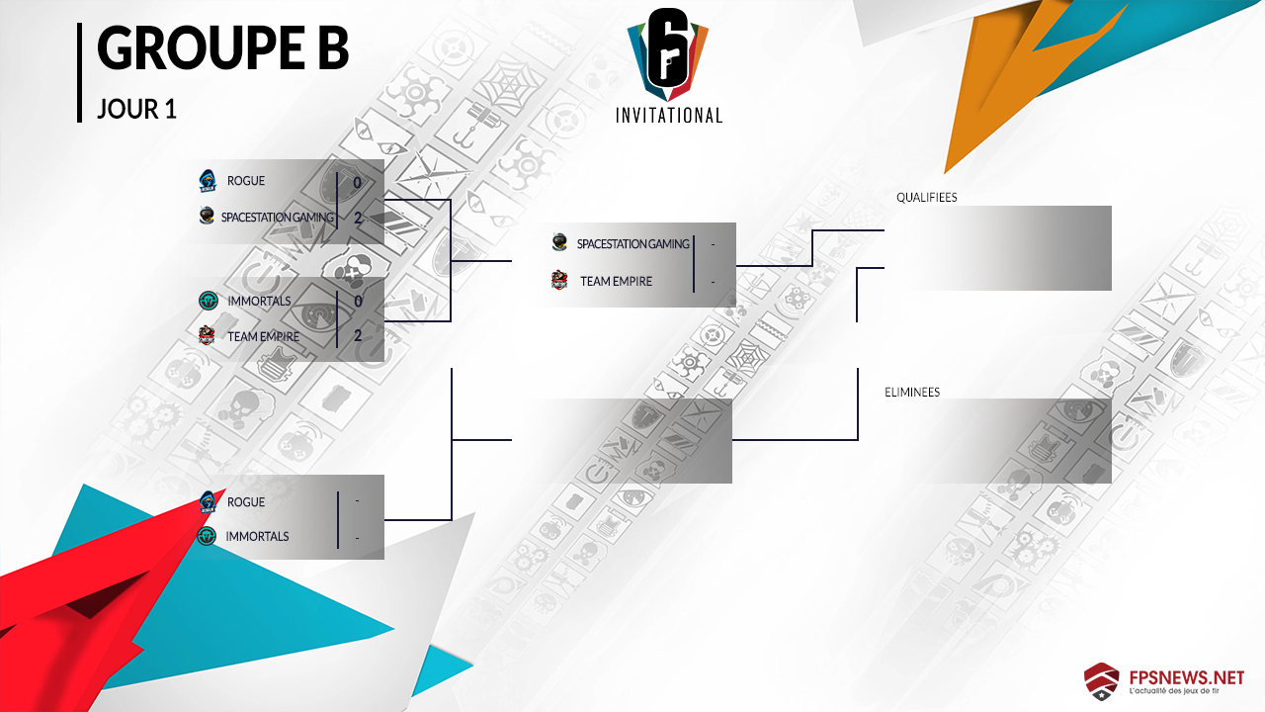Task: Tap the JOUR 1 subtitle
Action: [136, 110]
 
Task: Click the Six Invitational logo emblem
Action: [669, 53]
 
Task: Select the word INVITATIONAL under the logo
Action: [669, 116]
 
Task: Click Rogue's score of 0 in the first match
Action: [357, 182]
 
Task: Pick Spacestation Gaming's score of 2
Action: [357, 217]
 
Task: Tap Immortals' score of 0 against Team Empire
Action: [357, 301]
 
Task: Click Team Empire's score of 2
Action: [357, 335]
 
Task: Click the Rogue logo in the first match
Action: [208, 180]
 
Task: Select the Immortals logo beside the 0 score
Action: [208, 301]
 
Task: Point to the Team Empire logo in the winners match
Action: [559, 281]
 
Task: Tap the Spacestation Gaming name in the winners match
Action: [632, 243]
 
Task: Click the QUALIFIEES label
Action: [926, 197]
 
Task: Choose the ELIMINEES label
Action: [912, 392]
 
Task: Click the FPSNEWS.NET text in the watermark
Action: [1185, 677]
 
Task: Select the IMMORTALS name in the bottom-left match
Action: [258, 536]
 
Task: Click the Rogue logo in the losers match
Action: [208, 501]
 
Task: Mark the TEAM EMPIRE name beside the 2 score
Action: [263, 336]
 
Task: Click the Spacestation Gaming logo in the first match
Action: [207, 216]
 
